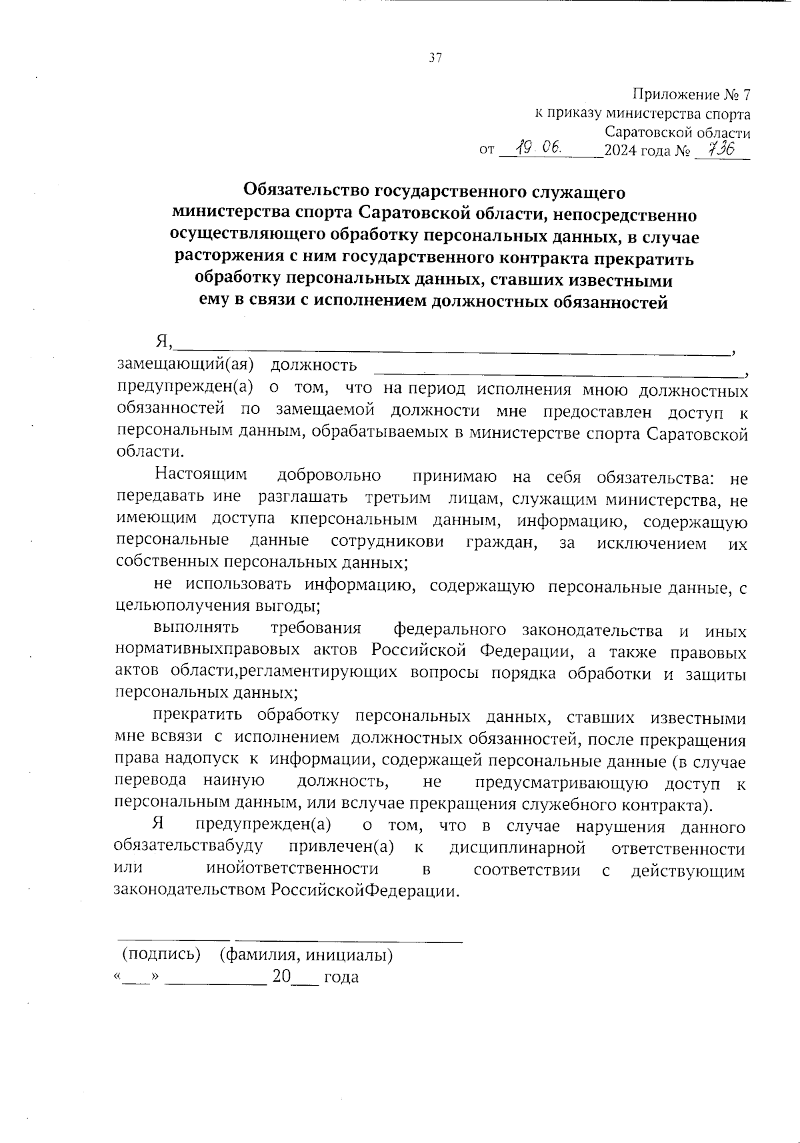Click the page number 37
click(435, 58)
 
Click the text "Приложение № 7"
click(691, 95)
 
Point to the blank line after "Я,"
click(453, 347)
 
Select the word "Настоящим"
click(201, 475)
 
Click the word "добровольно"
click(329, 475)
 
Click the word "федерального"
click(449, 630)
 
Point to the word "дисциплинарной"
click(517, 848)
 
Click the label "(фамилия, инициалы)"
click(306, 955)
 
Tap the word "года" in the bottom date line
click(341, 978)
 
